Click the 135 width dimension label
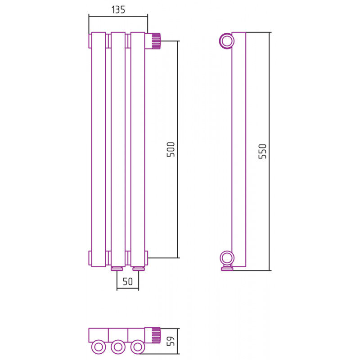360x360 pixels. pos(118,9)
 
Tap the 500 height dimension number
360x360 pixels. pos(171,149)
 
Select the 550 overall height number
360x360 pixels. pos(262,151)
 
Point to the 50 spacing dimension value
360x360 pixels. pos(128,282)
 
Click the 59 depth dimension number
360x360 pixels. pos(171,341)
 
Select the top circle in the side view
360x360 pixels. pos(227,41)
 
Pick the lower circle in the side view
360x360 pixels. pos(227,258)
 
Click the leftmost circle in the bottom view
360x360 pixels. pos(99,347)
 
